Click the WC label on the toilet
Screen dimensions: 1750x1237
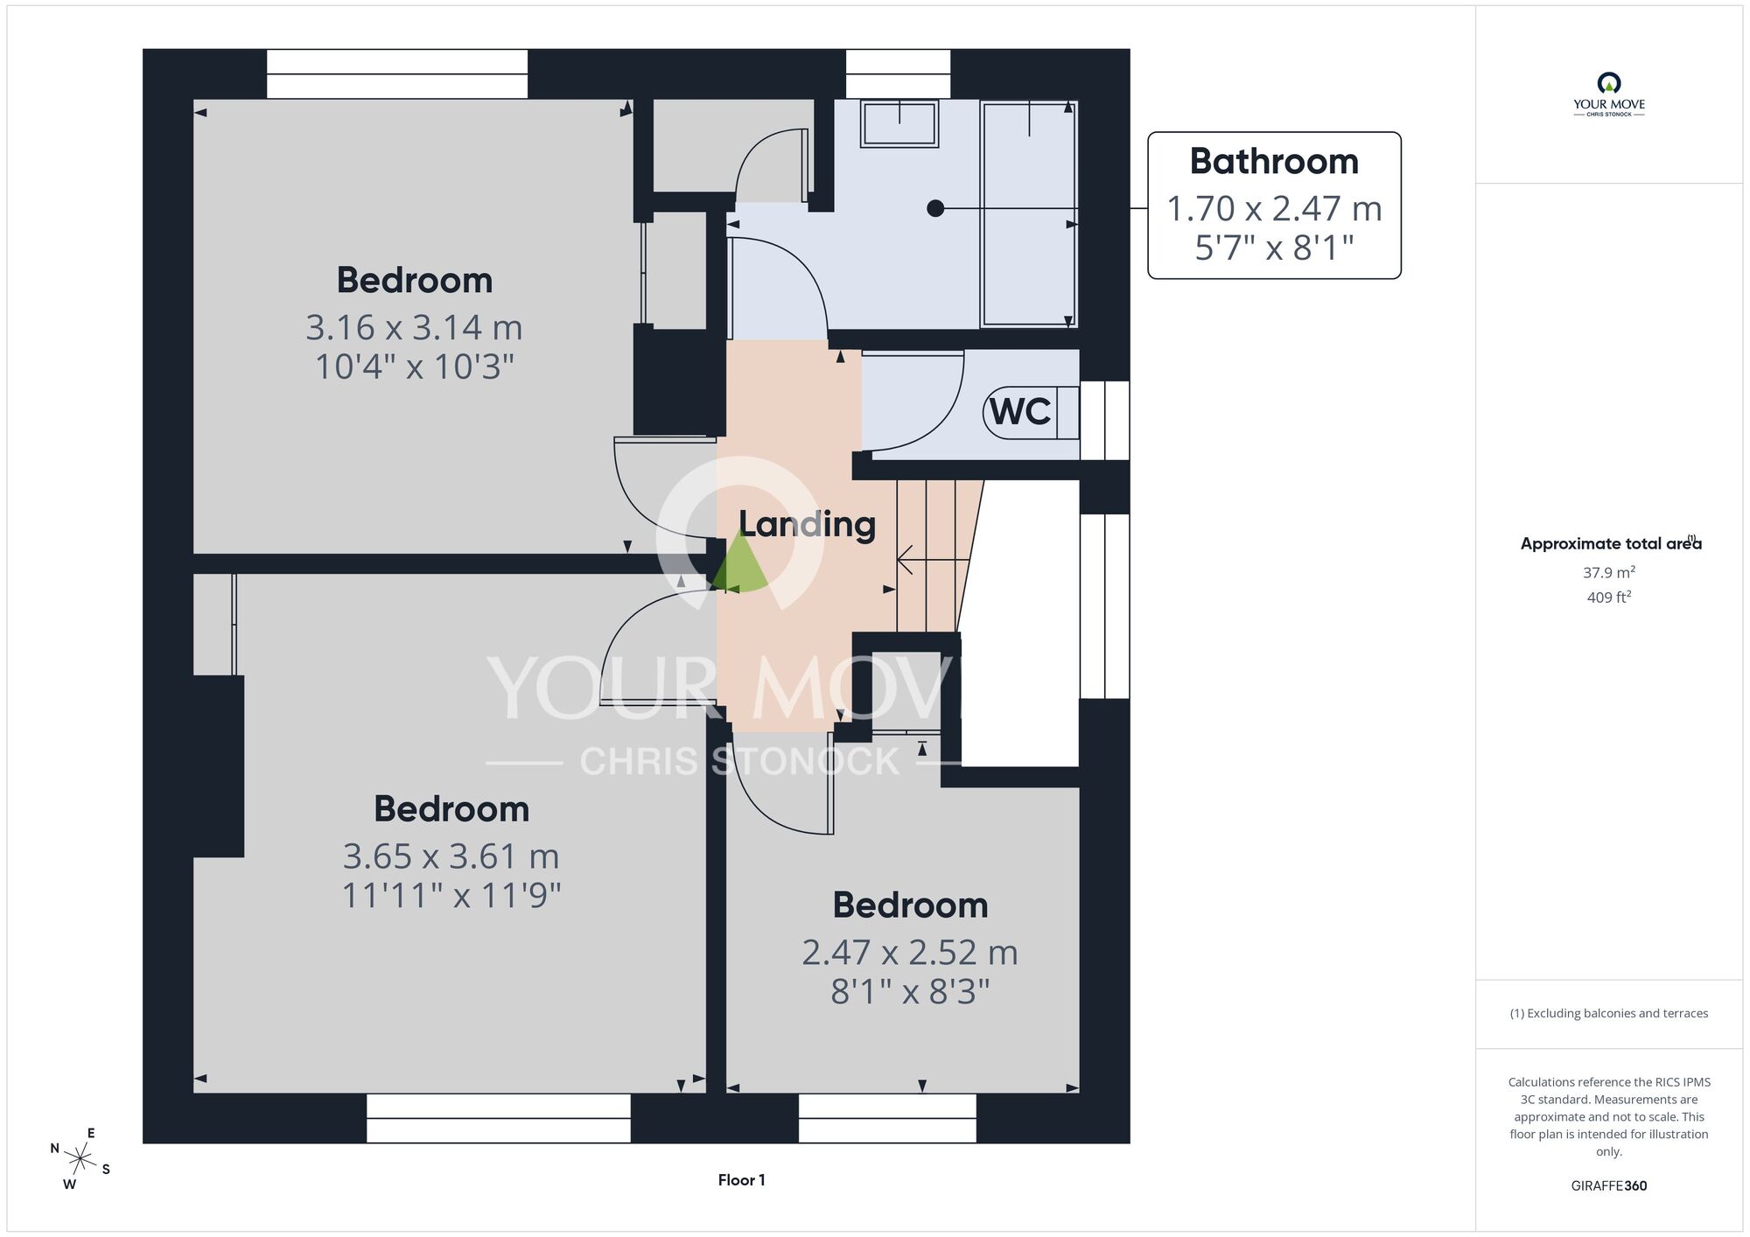click(x=1020, y=411)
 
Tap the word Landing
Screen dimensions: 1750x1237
click(x=807, y=524)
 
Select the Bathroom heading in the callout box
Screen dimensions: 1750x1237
click(x=1274, y=161)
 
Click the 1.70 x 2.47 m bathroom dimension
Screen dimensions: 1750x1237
click(x=1274, y=209)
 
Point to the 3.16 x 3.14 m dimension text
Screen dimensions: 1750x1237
click(x=414, y=327)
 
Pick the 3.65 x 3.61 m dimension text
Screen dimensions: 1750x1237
click(x=451, y=856)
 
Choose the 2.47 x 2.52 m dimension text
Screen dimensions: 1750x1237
click(x=910, y=953)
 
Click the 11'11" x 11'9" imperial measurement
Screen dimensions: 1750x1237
click(x=451, y=896)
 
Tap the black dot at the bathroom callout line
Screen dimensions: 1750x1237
click(x=935, y=208)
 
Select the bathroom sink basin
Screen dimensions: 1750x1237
click(x=899, y=123)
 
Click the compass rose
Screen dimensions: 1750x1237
click(x=80, y=1160)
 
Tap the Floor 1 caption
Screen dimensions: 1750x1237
click(x=741, y=1180)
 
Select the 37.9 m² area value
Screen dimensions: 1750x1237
click(x=1608, y=572)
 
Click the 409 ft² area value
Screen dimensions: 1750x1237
click(x=1608, y=598)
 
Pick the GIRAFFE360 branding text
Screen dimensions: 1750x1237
click(x=1608, y=1186)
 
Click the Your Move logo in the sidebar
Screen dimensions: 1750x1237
click(x=1608, y=94)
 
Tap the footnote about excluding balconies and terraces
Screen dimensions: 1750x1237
click(x=1608, y=1014)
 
